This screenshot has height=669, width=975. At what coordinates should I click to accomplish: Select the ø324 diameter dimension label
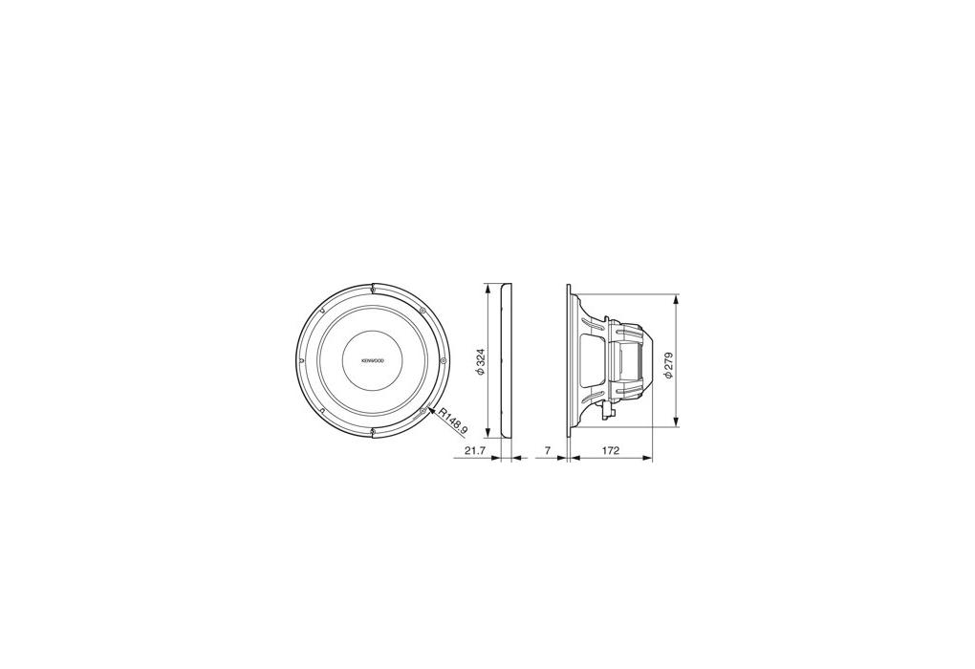coord(480,361)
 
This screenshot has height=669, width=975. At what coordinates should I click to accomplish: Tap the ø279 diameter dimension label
coord(668,365)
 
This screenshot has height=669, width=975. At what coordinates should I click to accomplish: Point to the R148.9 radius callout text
coord(453,421)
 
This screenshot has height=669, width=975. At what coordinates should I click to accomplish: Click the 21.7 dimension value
coord(474,451)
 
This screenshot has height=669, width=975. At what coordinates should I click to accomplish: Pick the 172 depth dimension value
coord(611,451)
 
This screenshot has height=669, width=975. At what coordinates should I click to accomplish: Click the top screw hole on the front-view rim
coord(372,288)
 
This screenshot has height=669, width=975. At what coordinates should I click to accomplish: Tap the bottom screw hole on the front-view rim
coord(372,431)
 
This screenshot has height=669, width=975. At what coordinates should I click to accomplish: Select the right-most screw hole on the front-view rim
coord(443,360)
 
